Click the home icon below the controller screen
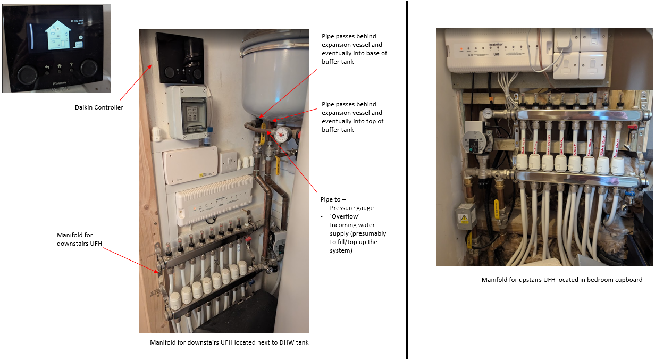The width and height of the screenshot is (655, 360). coord(60,68)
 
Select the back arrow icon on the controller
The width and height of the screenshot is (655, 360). coord(47,68)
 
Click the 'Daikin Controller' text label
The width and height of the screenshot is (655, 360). coord(99,107)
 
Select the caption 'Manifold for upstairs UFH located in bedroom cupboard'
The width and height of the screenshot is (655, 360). coord(562,280)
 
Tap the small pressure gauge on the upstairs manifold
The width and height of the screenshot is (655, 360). coord(488,113)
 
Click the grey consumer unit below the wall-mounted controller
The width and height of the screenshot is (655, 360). coord(188,113)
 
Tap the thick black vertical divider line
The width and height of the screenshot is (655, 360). coord(407,180)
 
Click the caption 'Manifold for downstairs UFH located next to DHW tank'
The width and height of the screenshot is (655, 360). coord(229,342)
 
